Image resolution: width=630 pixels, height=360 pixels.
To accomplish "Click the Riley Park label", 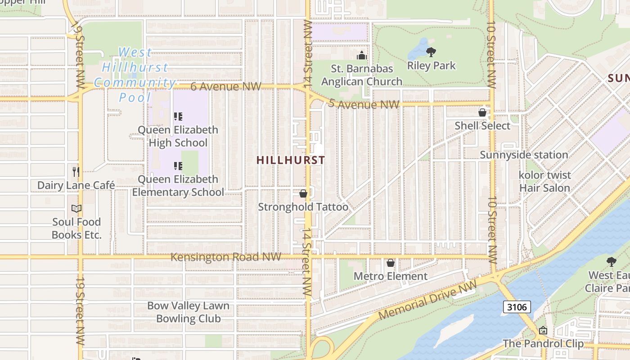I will [x=431, y=66].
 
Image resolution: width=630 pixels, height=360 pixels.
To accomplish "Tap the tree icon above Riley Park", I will [x=431, y=52].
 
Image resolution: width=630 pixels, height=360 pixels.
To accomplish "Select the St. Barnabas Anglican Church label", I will [x=362, y=75].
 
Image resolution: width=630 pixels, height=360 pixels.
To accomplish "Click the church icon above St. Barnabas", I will [x=361, y=56].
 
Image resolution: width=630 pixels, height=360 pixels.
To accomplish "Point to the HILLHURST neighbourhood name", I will [x=291, y=160].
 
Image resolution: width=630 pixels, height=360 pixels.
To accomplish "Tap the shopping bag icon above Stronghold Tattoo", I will [x=303, y=193].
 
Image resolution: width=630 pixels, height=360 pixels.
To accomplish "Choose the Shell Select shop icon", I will [x=482, y=112].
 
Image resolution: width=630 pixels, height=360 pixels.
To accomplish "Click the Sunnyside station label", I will [x=524, y=155].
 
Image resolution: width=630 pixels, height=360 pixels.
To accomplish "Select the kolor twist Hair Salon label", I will [x=544, y=181].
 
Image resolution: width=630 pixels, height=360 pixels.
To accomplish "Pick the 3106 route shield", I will [x=517, y=307].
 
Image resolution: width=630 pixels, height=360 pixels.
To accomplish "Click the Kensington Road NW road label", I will [x=226, y=257].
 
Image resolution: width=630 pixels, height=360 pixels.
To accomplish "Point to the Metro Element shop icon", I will [x=390, y=263].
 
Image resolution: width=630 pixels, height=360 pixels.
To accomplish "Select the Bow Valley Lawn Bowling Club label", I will [x=188, y=312].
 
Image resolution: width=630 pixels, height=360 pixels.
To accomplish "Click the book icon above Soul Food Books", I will [x=76, y=209].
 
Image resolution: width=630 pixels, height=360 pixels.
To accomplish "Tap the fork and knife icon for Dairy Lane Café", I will [x=76, y=171].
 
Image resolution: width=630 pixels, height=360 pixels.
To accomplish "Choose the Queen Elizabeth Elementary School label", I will [x=178, y=186].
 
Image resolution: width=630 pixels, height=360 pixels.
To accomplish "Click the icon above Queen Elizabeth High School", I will [x=178, y=117].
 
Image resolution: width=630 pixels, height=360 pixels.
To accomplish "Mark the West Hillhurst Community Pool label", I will [x=135, y=75].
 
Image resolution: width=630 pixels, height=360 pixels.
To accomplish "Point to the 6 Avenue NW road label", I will [x=225, y=86].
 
